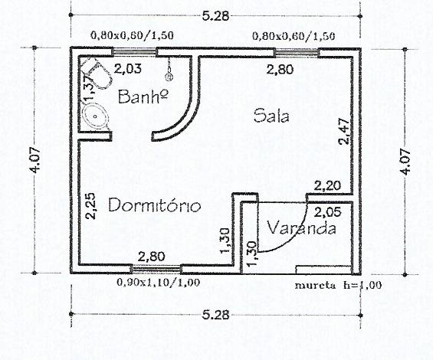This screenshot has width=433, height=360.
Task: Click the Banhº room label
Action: (x=143, y=97)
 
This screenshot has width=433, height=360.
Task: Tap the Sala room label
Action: (x=271, y=116)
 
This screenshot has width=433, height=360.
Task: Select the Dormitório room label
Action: (x=154, y=205)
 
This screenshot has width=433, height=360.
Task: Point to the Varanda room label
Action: (x=302, y=228)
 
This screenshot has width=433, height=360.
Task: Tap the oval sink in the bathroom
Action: (x=96, y=116)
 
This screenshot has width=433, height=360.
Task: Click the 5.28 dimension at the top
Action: (x=215, y=16)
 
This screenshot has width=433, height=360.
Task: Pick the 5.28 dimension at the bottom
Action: (x=215, y=315)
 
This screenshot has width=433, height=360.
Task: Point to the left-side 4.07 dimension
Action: (x=35, y=160)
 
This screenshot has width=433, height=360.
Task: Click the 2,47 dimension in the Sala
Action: (x=344, y=132)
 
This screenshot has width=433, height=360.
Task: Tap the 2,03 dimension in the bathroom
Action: (x=127, y=68)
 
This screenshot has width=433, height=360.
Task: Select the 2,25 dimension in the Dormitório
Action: (x=90, y=206)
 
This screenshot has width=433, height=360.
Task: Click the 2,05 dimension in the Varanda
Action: (x=328, y=212)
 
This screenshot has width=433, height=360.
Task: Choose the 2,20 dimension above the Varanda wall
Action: (x=327, y=186)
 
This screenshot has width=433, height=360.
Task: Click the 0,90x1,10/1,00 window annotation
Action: (x=158, y=283)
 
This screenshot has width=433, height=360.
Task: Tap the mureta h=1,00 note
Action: (x=338, y=285)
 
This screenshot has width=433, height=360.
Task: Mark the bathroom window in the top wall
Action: (x=134, y=52)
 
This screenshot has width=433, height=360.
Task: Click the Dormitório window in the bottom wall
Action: (x=156, y=268)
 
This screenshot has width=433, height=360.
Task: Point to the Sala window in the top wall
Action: (x=297, y=52)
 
